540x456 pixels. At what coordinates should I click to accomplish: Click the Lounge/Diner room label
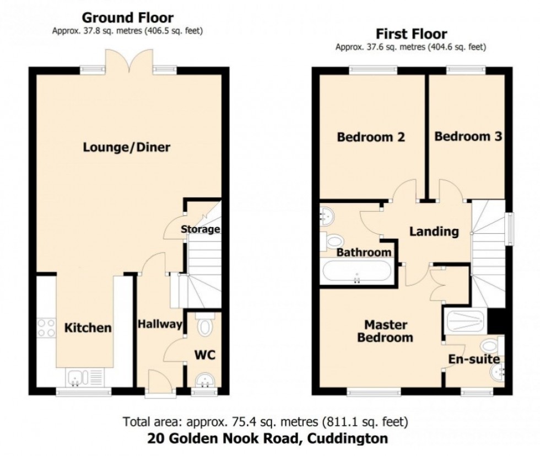[127, 148]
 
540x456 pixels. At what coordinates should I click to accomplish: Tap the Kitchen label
[88, 328]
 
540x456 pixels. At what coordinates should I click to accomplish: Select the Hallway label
[160, 324]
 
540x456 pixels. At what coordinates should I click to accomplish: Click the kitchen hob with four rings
[46, 328]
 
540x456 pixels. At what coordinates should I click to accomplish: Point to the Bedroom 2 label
[371, 137]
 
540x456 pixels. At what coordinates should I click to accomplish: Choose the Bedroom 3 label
[468, 136]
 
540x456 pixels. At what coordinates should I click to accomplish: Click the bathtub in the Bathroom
[357, 272]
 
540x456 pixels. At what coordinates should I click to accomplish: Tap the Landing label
[434, 232]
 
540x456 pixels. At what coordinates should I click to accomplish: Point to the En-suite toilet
[489, 346]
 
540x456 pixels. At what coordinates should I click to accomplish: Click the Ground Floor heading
[128, 19]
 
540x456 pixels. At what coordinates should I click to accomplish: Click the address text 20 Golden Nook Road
[267, 439]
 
